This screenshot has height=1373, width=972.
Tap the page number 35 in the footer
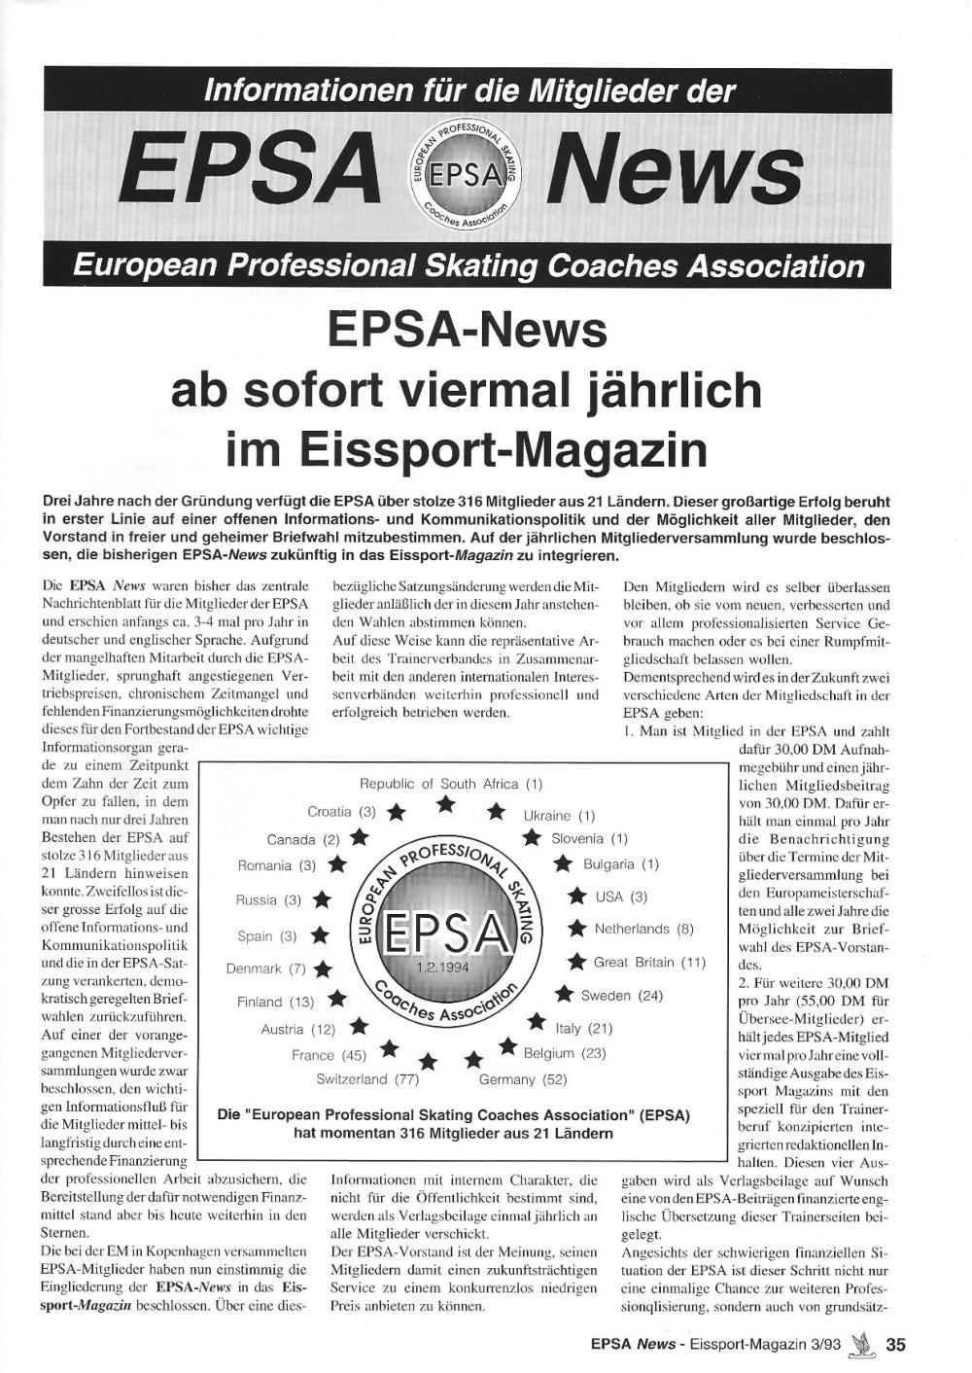point(895,1345)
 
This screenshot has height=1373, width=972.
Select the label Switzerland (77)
point(367,1079)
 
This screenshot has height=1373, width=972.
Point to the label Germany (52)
point(523,1079)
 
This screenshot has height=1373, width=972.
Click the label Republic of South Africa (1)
point(451,784)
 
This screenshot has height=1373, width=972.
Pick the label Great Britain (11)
point(649,962)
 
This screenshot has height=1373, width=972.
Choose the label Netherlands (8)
point(644,929)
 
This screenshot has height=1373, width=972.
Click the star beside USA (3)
point(577,896)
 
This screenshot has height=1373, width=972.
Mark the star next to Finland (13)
point(336,999)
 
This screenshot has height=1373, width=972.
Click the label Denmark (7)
point(266,968)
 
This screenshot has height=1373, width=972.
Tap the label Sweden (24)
point(622,996)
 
